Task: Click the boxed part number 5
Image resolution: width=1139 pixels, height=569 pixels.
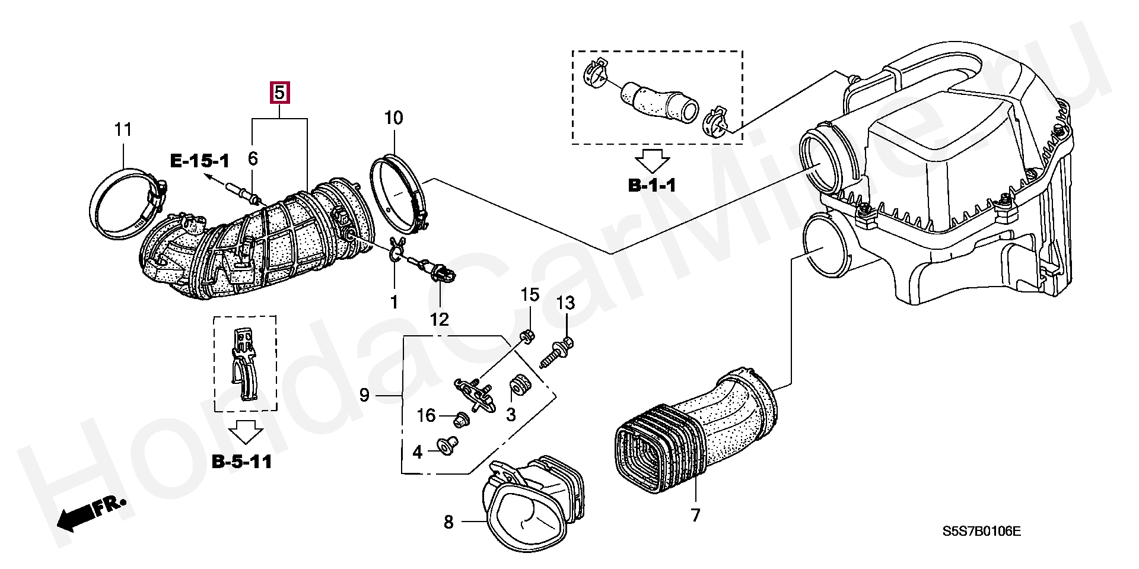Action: click(279, 93)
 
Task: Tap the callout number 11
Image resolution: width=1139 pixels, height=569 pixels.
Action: click(123, 129)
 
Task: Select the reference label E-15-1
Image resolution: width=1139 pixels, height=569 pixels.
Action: click(199, 161)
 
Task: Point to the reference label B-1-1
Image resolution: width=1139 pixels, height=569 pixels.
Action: click(652, 186)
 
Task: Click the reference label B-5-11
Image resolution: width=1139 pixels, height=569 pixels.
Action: click(242, 462)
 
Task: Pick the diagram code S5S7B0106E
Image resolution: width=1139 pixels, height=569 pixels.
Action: click(982, 531)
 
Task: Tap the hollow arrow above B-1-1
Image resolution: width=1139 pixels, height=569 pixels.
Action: click(652, 160)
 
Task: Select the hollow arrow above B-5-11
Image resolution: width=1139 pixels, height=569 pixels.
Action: click(246, 432)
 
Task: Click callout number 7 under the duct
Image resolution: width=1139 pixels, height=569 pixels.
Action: click(695, 515)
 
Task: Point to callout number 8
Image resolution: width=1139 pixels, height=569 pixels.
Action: click(448, 522)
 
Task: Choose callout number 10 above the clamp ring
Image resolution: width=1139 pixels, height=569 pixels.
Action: click(393, 118)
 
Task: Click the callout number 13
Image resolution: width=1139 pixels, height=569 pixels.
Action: click(565, 303)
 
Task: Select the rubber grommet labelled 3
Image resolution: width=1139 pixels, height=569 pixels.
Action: click(520, 386)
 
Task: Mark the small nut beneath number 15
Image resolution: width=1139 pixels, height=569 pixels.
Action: click(526, 336)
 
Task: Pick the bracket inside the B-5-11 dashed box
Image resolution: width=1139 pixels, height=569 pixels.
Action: click(244, 364)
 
